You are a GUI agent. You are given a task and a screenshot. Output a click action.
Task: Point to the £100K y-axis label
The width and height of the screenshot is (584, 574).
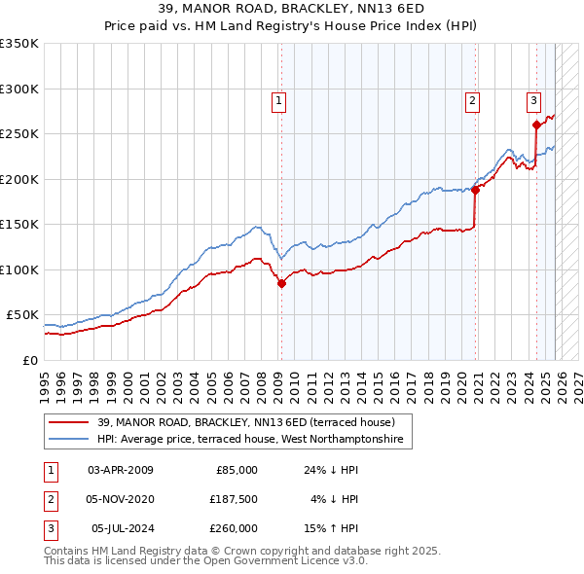pos(19,269)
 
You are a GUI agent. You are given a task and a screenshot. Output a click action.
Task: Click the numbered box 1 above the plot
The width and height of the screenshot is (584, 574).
pos(278,99)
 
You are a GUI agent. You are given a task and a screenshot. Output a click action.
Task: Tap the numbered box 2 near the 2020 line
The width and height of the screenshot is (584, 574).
pos(472,99)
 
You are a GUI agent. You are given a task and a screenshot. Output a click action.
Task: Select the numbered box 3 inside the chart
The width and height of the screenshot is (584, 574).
pos(533,99)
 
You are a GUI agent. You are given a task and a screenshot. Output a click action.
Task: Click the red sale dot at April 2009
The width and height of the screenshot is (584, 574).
pos(281,284)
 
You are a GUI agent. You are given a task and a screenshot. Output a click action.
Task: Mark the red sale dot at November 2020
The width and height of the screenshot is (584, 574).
pos(476,191)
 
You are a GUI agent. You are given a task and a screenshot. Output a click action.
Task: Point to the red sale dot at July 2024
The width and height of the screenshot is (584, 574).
pos(536,125)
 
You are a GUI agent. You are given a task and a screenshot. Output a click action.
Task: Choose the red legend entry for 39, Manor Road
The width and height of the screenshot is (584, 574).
pos(245,422)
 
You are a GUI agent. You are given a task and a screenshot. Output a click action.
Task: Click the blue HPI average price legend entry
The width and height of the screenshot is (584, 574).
pos(255,440)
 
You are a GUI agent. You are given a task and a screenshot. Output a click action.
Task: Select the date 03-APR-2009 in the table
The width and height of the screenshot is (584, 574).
pos(121,470)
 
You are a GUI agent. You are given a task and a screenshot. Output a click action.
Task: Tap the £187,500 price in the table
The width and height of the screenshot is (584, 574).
pos(234,499)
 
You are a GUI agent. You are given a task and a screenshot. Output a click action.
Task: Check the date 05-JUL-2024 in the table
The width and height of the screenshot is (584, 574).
pos(121,528)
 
